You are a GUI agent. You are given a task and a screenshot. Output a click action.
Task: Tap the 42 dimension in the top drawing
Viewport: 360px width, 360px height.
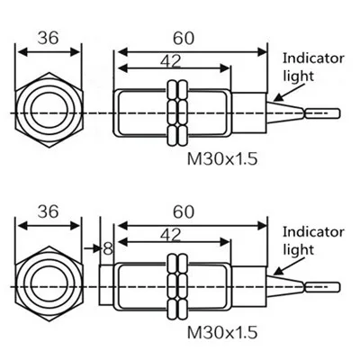[x=173, y=60]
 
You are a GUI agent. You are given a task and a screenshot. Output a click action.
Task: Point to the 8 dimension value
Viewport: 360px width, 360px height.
[x=108, y=247]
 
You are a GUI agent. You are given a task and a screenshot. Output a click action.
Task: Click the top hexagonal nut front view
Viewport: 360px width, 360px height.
[x=50, y=112]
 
